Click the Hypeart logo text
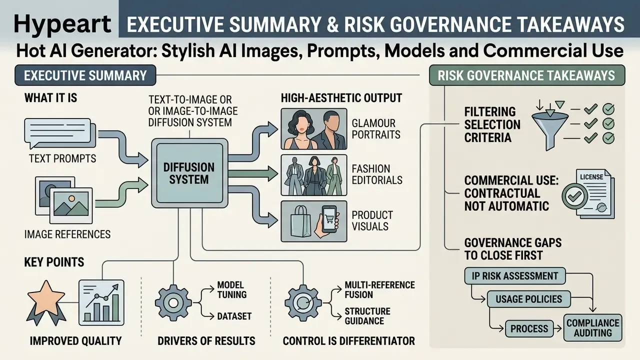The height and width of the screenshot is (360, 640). coord(62,24)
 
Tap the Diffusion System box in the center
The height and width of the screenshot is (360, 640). coord(189,173)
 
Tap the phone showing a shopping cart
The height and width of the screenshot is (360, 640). coord(330,219)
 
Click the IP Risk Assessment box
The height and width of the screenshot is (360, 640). coord(515,275)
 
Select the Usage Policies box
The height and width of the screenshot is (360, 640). coord(529,299)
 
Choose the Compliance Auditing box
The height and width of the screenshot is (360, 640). coord(593,327)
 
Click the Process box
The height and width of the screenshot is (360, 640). coord(529,328)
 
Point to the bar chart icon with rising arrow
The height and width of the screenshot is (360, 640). coord(101,302)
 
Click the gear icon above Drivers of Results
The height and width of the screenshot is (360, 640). coord(173,303)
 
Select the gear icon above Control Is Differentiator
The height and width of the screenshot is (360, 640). coord(303,303)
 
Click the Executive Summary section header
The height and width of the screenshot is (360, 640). coord(85,75)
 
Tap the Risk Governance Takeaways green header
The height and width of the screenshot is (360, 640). coord(527,75)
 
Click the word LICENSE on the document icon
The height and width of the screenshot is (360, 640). coord(591,177)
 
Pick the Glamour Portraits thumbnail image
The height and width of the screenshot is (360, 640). coord(314,129)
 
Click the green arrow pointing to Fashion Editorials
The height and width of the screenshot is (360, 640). coord(253,173)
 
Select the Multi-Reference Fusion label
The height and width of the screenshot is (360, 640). coord(379,289)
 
